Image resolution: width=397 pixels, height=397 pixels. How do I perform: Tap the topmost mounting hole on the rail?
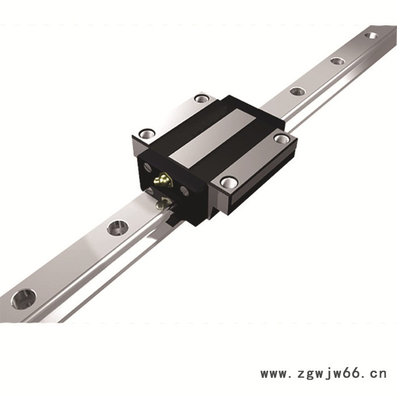pyautogui.click(x=371, y=35)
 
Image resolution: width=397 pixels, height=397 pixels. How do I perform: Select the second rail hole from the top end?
pyautogui.click(x=337, y=61)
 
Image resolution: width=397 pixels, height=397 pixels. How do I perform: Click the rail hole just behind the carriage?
pyautogui.click(x=297, y=91)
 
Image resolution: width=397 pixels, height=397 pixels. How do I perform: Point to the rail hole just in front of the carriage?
pyautogui.click(x=118, y=227)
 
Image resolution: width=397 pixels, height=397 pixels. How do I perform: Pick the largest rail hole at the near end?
pyautogui.click(x=24, y=299)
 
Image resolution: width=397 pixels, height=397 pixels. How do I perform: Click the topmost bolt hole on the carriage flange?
pyautogui.click(x=201, y=98)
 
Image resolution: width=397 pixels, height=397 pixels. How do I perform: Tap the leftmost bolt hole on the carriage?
pyautogui.click(x=147, y=133)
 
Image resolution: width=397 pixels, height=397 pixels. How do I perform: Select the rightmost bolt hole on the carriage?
pyautogui.click(x=282, y=138)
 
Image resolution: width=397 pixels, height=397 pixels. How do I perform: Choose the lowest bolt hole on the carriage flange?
pyautogui.click(x=229, y=182)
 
